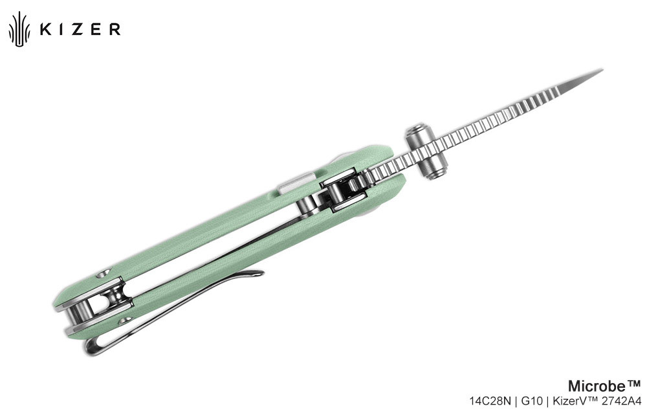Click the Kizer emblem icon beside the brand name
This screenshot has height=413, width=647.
19,28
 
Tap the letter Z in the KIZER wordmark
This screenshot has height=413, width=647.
79,29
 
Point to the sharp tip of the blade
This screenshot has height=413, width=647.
602,70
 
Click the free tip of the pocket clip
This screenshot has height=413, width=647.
260,273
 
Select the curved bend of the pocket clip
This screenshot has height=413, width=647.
92,348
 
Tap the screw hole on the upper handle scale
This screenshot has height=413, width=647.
103,273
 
